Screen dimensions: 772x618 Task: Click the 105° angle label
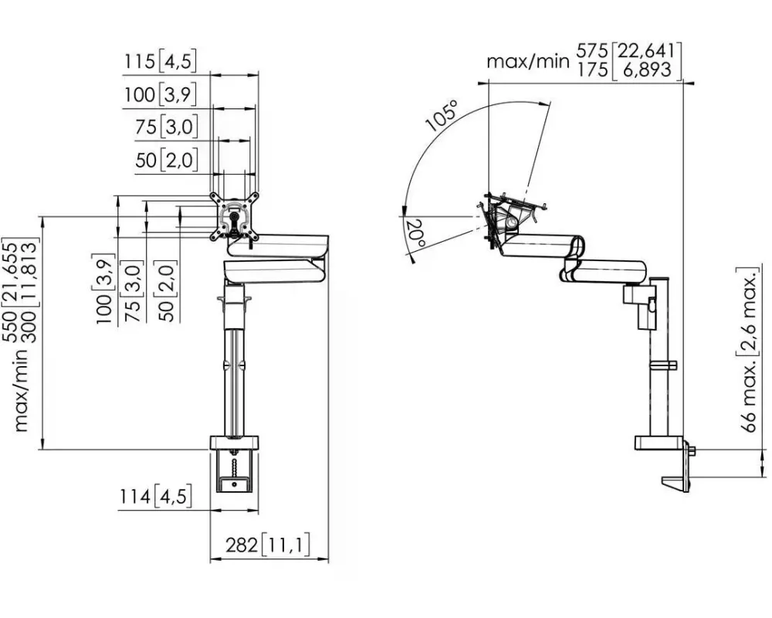pos(442,116)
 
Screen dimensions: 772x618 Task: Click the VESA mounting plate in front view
pos(234,216)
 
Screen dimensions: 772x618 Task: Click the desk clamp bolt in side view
pos(692,450)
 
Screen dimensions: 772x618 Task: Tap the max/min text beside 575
pos(528,61)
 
